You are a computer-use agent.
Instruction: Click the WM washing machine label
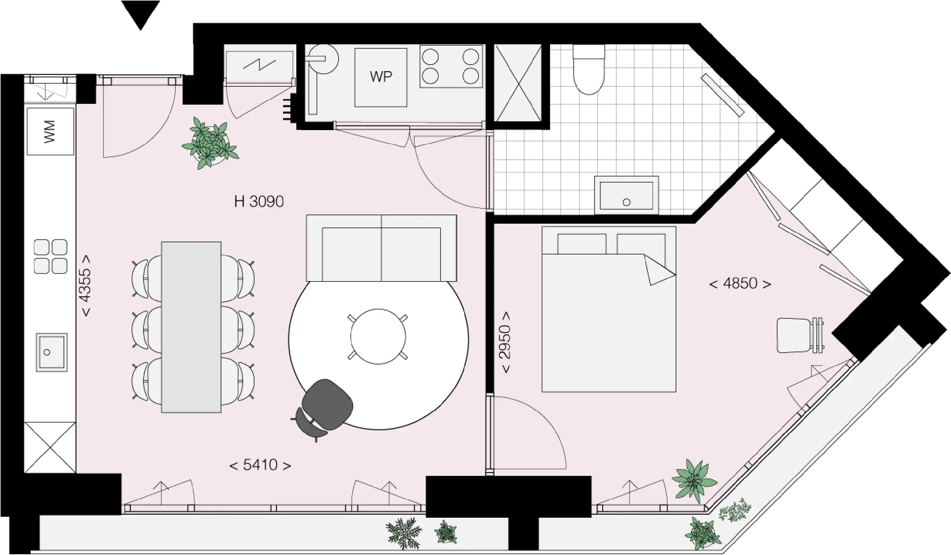coord(50,131)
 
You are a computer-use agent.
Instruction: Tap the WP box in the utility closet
coord(381,77)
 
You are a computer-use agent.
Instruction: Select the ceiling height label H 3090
coord(259,201)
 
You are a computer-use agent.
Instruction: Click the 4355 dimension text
coord(86,285)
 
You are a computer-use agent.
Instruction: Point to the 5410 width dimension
coord(260,465)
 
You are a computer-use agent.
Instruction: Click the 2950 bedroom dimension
coord(506,342)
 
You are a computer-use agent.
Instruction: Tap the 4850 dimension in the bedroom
coord(740,283)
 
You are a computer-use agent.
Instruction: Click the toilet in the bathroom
coord(589,70)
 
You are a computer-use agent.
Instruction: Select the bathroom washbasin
coord(626,195)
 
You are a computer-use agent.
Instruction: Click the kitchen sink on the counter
coord(52,352)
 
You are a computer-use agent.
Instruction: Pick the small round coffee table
coord(378,337)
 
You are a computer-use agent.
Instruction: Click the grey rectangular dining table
coord(191,327)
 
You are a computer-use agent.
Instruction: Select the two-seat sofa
coord(381,248)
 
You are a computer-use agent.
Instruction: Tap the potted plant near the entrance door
coord(210,143)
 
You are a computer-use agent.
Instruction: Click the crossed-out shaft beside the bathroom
coord(518,83)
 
